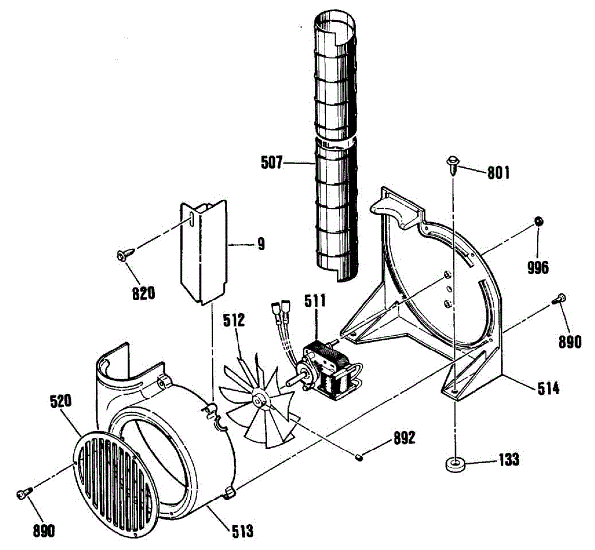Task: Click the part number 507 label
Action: [x=272, y=162]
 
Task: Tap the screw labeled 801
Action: [x=453, y=164]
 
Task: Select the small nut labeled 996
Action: [x=537, y=221]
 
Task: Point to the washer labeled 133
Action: [x=454, y=465]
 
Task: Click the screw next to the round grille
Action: [x=24, y=493]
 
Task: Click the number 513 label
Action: [x=242, y=532]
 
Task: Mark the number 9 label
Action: [x=261, y=244]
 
